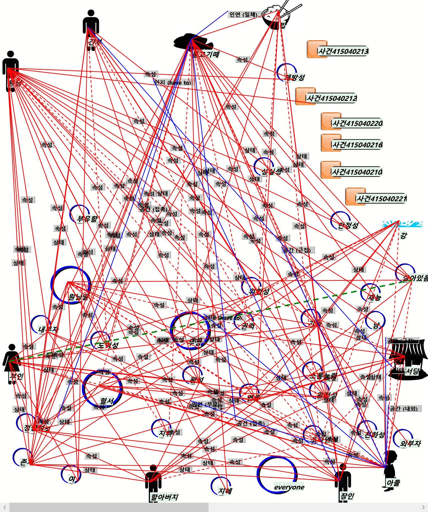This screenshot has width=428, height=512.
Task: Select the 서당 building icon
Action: [408, 360]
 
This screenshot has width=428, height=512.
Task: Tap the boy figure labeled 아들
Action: [390, 469]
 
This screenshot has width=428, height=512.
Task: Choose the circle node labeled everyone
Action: [277, 475]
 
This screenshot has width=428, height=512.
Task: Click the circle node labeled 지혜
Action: [221, 486]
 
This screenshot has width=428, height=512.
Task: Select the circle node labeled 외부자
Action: [403, 438]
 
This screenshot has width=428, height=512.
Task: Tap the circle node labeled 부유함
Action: [79, 214]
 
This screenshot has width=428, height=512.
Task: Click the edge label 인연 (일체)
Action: [243, 15]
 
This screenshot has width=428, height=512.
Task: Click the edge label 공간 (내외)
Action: [404, 409]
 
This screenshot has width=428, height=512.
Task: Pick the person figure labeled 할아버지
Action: [153, 481]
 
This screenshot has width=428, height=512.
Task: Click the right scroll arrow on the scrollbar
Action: [423, 507]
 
